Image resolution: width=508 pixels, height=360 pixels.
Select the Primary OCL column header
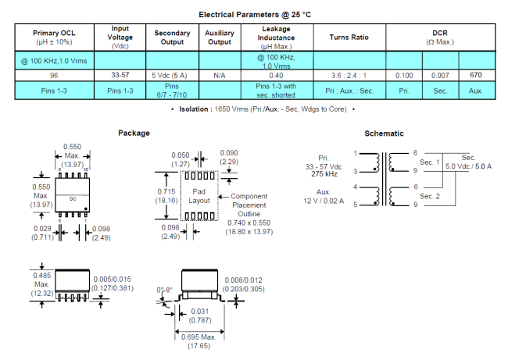tap(52, 37)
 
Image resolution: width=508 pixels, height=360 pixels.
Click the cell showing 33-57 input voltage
tap(120, 75)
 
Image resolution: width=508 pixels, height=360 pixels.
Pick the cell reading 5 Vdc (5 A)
tap(172, 75)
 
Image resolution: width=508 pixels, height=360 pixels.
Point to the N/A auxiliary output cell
tap(219, 75)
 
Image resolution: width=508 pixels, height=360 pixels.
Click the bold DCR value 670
tap(476, 75)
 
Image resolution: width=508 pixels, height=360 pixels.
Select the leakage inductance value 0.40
tap(276, 75)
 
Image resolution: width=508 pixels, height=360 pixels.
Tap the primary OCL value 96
tap(52, 75)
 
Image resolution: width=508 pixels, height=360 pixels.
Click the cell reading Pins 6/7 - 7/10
tap(172, 90)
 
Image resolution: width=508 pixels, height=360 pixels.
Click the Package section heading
tap(134, 134)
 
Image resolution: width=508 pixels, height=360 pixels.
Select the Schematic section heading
tap(384, 134)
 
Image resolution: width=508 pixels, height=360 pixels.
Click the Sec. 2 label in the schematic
tap(430, 196)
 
